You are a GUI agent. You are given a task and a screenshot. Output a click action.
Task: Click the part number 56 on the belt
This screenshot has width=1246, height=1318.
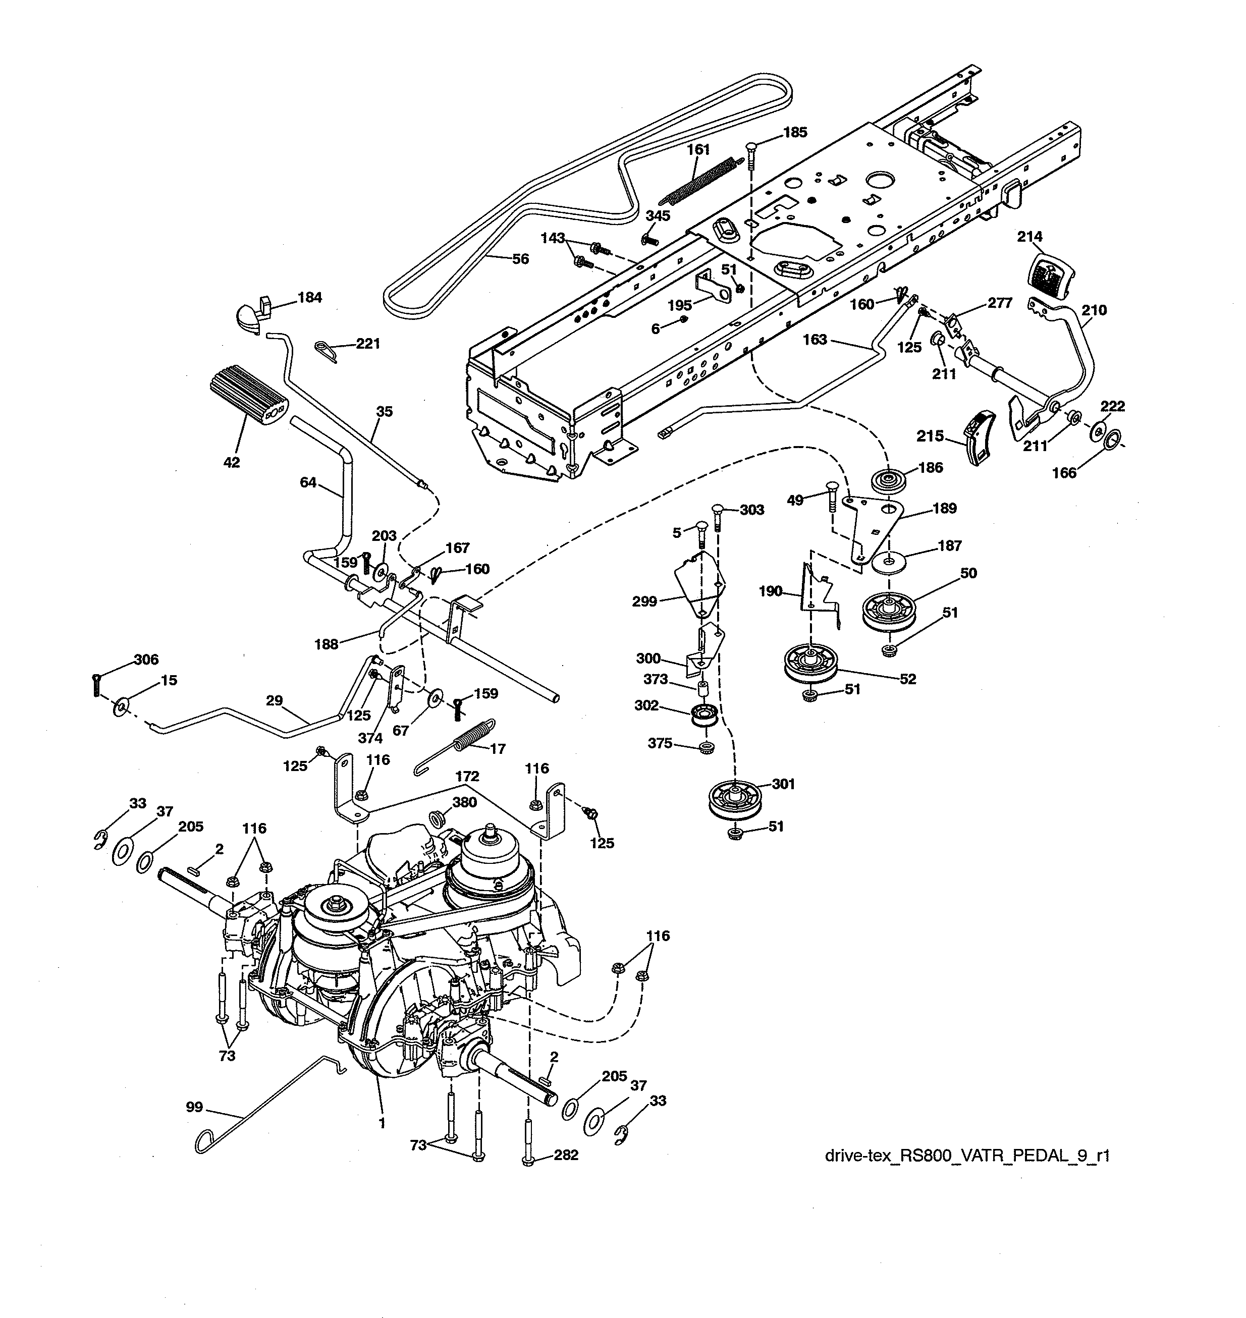tap(520, 259)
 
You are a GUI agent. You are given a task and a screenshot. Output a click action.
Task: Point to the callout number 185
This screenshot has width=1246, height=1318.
tap(795, 132)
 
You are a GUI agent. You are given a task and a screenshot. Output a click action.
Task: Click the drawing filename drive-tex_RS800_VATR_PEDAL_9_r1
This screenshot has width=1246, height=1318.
tap(967, 1156)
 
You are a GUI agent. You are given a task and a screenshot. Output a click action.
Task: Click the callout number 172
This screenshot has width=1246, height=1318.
tap(468, 776)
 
